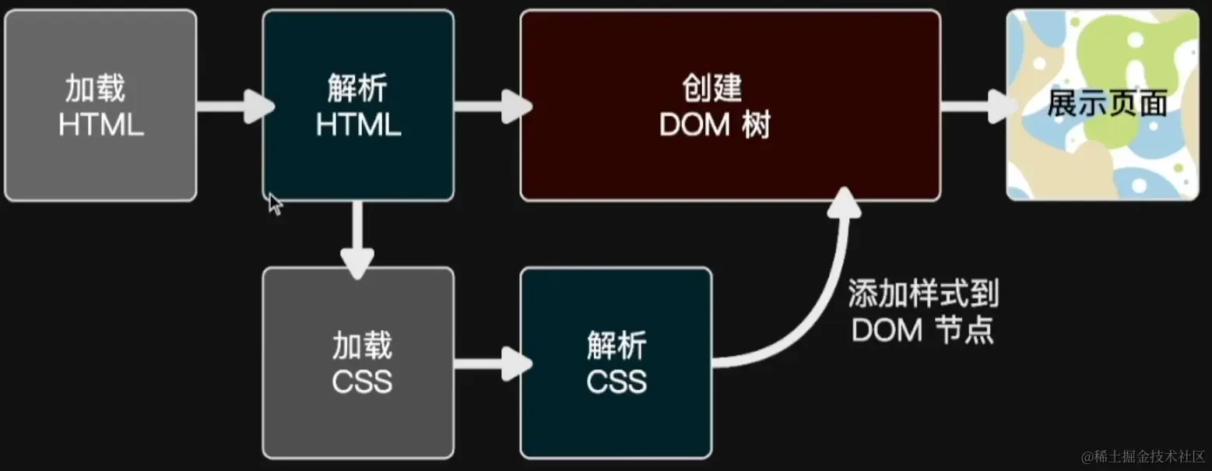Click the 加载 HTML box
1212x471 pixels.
tap(100, 105)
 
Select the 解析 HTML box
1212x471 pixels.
tap(358, 105)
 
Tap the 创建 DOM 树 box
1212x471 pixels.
tap(730, 105)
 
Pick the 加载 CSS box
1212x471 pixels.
tap(358, 362)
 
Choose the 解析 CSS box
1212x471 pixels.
tap(616, 362)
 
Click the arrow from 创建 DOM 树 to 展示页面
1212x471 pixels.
tap(976, 105)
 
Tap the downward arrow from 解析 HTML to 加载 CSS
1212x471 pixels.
tap(357, 237)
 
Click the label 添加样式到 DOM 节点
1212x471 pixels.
tap(923, 313)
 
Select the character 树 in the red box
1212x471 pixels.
tap(756, 125)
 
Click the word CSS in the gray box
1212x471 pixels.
tap(362, 381)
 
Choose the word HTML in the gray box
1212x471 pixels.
tap(100, 125)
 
